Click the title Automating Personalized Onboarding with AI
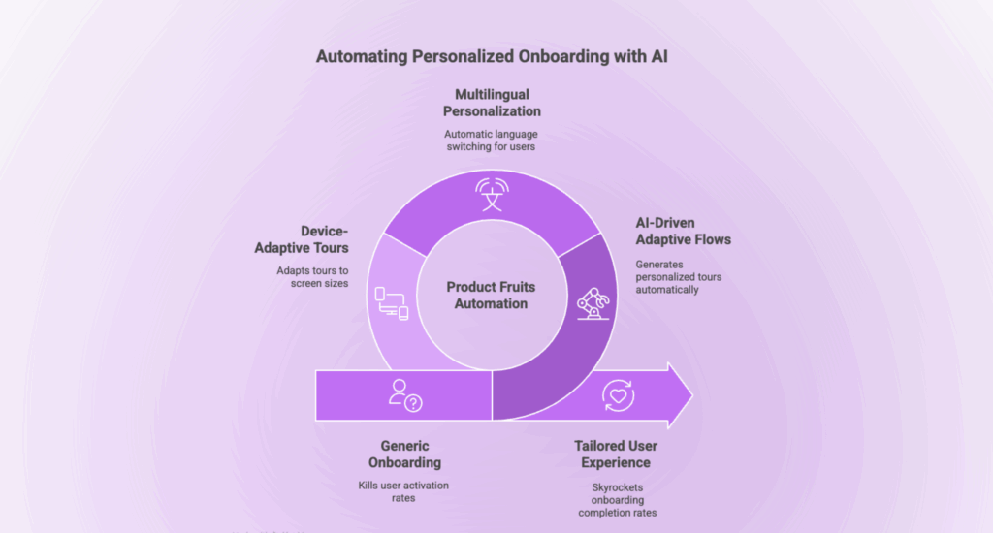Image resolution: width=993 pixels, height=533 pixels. (492, 57)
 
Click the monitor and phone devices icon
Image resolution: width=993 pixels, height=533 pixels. (392, 304)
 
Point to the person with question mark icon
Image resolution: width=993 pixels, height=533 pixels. (403, 394)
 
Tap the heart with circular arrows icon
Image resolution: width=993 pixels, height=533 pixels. (618, 394)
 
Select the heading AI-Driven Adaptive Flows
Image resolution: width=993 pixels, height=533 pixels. (684, 231)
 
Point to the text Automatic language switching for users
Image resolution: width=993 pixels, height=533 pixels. (496, 141)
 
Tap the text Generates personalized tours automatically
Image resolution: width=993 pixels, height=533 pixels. (678, 277)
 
